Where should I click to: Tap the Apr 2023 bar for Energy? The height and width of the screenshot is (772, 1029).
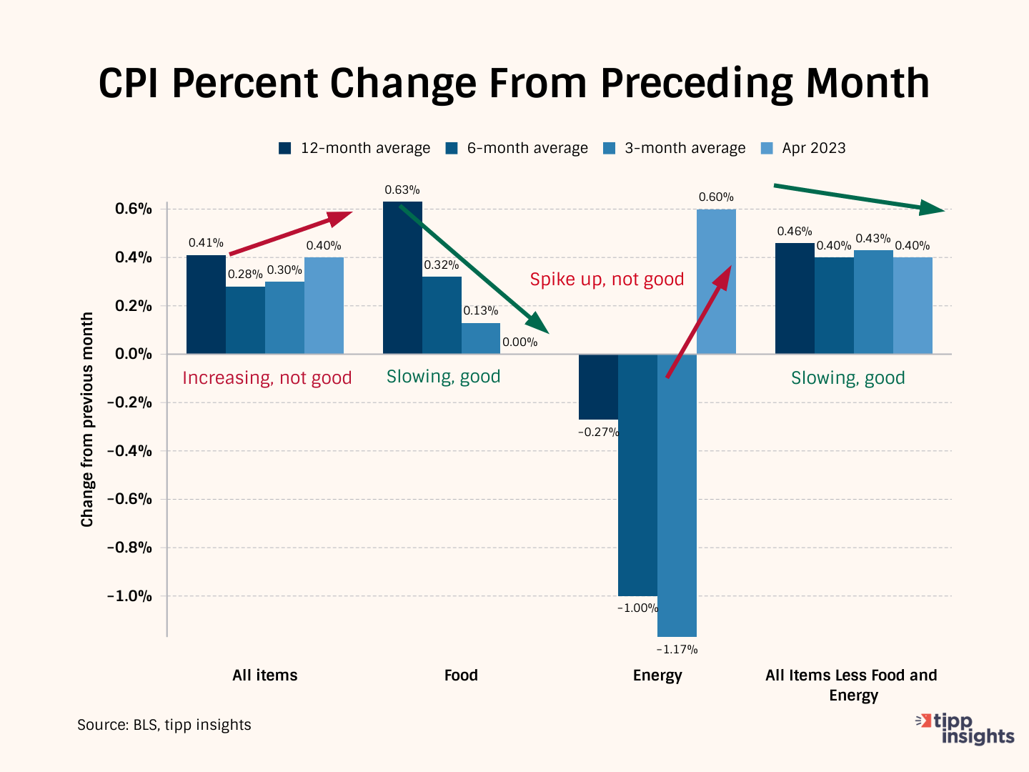pyautogui.click(x=716, y=282)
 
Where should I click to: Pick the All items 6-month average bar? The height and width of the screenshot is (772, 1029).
pyautogui.click(x=245, y=320)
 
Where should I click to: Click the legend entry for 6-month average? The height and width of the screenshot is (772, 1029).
pyautogui.click(x=517, y=148)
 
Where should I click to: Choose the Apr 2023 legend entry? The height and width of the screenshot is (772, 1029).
pyautogui.click(x=803, y=148)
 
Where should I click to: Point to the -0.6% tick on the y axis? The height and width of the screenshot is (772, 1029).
pyautogui.click(x=129, y=499)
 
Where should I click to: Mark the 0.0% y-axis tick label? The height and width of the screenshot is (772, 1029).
pyautogui.click(x=134, y=354)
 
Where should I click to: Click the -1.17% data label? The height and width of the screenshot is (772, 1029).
pyautogui.click(x=677, y=649)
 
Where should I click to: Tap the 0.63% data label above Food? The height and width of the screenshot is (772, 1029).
pyautogui.click(x=402, y=190)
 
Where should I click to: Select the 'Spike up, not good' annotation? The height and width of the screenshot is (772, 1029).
pyautogui.click(x=607, y=279)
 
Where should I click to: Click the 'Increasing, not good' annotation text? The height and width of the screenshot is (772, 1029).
pyautogui.click(x=267, y=378)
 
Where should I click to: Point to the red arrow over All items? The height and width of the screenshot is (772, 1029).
pyautogui.click(x=291, y=233)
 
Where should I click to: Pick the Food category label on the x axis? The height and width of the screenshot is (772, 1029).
pyautogui.click(x=461, y=675)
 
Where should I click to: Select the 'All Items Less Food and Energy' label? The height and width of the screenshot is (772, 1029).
pyautogui.click(x=851, y=685)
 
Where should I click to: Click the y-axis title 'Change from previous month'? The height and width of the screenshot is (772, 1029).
pyautogui.click(x=87, y=420)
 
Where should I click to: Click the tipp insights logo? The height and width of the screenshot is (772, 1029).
pyautogui.click(x=966, y=728)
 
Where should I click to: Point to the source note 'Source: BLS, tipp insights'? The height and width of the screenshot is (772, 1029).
pyautogui.click(x=164, y=725)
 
